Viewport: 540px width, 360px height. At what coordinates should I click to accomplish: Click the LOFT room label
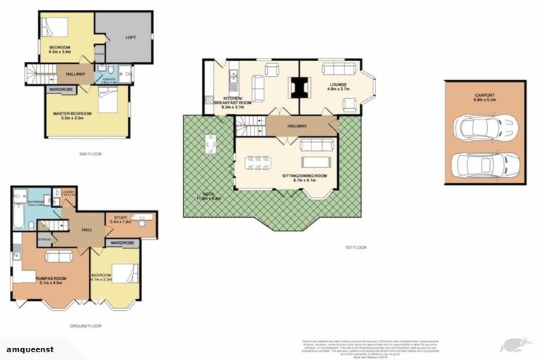[130, 37]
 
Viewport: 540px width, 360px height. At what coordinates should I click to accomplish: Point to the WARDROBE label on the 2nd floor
[61, 89]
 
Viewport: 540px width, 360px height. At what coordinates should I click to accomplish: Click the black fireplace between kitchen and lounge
[299, 86]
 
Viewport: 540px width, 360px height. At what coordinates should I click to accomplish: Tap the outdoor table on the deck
[210, 144]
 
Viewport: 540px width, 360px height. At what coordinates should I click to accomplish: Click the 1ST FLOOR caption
[356, 247]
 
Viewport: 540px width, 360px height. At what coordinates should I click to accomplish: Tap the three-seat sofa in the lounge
[331, 70]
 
